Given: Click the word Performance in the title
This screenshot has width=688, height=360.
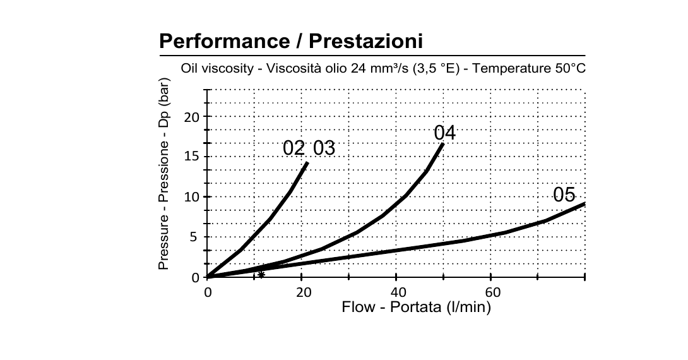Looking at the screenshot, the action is (x=224, y=41).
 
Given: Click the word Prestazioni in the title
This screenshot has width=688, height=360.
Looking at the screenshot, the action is (x=366, y=41).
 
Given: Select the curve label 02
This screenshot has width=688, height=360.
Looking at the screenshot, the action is (x=294, y=148).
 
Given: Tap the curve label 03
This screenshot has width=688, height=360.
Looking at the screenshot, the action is (x=324, y=148).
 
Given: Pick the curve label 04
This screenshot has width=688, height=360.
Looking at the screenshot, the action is (x=445, y=133).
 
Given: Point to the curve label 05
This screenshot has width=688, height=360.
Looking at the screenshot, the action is (x=564, y=195).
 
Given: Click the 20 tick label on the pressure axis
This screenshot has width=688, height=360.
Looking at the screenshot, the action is (x=191, y=117).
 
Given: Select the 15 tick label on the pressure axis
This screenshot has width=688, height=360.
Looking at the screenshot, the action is (x=191, y=157).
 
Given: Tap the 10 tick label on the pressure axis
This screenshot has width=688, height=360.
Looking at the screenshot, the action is (x=191, y=197).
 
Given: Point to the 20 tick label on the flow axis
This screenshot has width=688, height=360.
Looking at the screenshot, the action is (x=304, y=292).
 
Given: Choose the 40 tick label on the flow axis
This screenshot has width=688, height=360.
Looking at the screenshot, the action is (x=398, y=292).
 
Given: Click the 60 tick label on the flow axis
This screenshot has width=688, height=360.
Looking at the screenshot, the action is (x=493, y=292).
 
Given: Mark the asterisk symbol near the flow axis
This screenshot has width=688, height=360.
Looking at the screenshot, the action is (x=261, y=275).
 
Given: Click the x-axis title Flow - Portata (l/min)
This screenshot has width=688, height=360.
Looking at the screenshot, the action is (x=416, y=307).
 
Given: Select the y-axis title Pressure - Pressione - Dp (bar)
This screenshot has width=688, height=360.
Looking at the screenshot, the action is (x=163, y=174).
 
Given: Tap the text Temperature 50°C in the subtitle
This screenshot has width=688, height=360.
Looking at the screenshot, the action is (x=529, y=68).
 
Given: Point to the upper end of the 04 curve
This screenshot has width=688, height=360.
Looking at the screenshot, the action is (x=442, y=143).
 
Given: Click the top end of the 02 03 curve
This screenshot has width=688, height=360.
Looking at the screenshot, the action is (x=307, y=163).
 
